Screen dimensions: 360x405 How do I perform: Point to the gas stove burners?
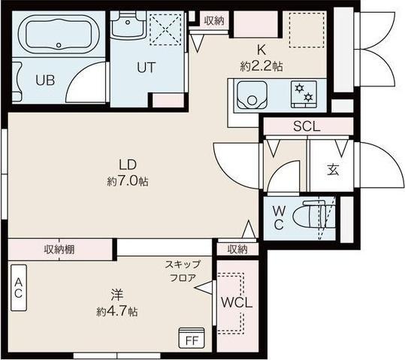pos(304,94)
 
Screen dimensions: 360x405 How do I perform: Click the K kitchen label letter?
pos(261,50)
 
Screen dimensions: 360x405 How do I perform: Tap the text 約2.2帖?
pos(261,66)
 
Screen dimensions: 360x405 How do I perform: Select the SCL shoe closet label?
pos(307,127)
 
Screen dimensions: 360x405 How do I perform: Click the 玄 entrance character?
pos(331,169)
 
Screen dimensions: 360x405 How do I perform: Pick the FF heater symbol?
pos(191,339)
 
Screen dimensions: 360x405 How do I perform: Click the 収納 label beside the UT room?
pos(213,20)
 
